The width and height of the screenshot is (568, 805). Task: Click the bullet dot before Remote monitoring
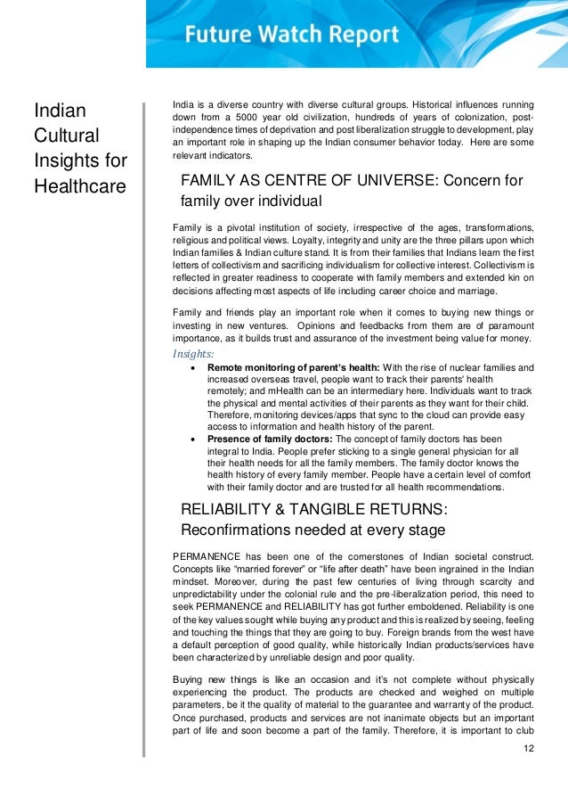195,367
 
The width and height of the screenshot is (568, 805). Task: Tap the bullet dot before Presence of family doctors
195,439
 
